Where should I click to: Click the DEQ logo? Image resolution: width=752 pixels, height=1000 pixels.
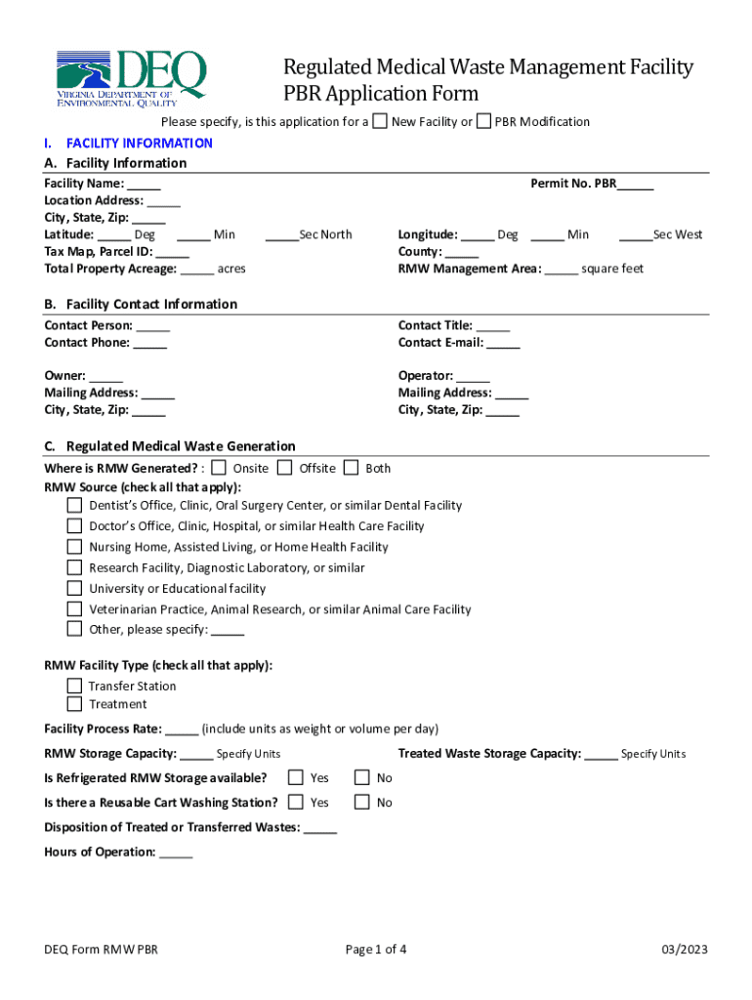pyautogui.click(x=131, y=76)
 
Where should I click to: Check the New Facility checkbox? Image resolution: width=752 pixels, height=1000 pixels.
pyautogui.click(x=380, y=121)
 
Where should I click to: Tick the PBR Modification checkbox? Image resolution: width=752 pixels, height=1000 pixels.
pyautogui.click(x=483, y=121)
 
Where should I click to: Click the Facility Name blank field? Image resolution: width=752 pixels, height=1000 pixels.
pyautogui.click(x=144, y=185)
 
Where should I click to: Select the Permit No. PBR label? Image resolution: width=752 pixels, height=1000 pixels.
pyautogui.click(x=573, y=183)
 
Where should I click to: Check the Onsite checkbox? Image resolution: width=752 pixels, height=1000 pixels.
pyautogui.click(x=219, y=468)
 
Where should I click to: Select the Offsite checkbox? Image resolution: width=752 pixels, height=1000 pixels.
pyautogui.click(x=284, y=468)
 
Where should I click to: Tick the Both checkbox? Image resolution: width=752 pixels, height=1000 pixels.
pyautogui.click(x=351, y=468)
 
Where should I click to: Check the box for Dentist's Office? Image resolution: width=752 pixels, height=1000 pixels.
pyautogui.click(x=74, y=506)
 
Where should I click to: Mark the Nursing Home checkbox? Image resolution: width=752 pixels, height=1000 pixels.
pyautogui.click(x=74, y=547)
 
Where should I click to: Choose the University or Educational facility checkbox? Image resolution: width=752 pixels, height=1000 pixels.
pyautogui.click(x=74, y=588)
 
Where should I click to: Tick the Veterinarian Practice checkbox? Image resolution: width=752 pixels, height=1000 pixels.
pyautogui.click(x=74, y=608)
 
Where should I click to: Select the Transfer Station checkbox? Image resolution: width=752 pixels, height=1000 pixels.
pyautogui.click(x=74, y=686)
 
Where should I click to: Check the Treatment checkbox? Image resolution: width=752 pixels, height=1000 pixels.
pyautogui.click(x=74, y=704)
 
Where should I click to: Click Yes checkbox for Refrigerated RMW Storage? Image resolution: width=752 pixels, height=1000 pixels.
pyautogui.click(x=295, y=778)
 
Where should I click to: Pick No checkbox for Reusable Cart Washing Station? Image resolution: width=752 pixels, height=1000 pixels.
pyautogui.click(x=361, y=803)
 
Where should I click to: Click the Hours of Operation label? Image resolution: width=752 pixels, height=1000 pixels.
pyautogui.click(x=100, y=853)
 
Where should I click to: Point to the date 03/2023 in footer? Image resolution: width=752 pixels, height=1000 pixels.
pyautogui.click(x=684, y=950)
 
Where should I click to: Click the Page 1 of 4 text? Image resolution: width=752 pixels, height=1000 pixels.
pyautogui.click(x=376, y=950)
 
